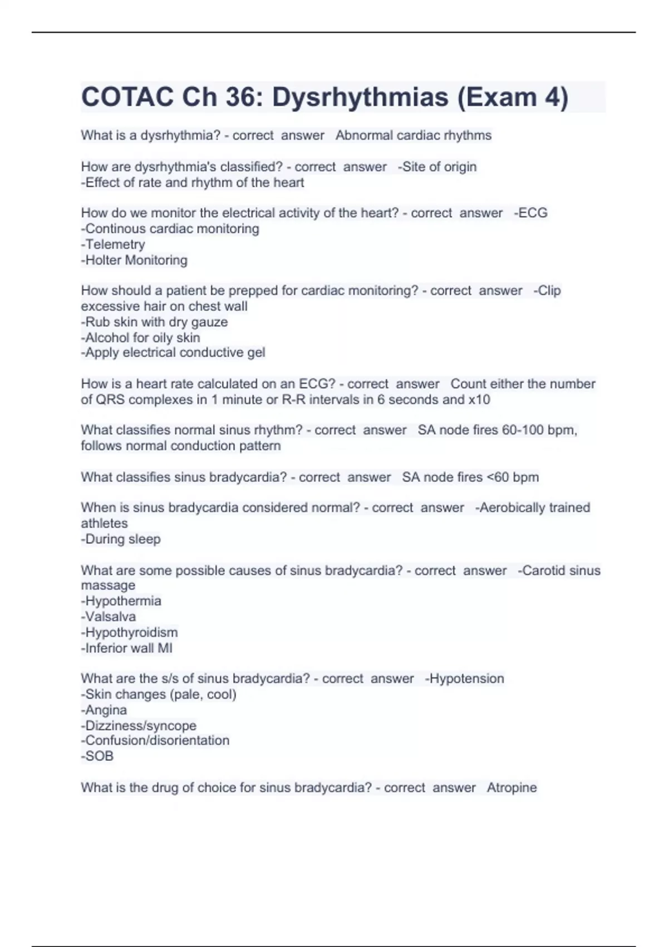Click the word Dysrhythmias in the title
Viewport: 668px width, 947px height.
click(x=360, y=97)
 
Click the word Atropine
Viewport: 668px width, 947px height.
click(x=512, y=788)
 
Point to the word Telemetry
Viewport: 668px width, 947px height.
click(x=115, y=245)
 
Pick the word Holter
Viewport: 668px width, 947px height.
click(x=104, y=260)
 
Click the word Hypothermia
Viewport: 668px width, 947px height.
click(x=122, y=601)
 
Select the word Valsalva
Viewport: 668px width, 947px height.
click(x=110, y=617)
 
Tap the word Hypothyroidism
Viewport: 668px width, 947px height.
click(x=131, y=632)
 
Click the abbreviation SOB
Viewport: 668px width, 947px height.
click(x=99, y=756)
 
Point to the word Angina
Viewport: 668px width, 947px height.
click(x=106, y=710)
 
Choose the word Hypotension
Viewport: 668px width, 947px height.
click(x=466, y=678)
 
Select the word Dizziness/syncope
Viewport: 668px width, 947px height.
click(x=140, y=726)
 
